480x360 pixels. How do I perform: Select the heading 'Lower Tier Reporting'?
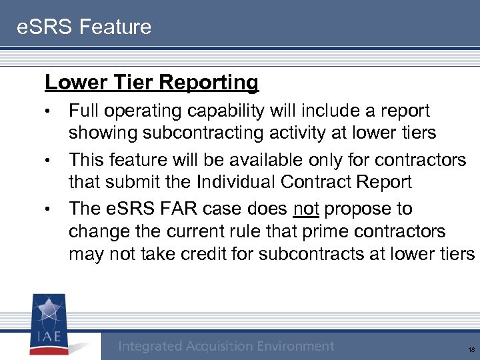151,83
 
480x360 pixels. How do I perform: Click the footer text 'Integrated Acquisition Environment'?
226,346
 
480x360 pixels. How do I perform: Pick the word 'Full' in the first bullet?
84,111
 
